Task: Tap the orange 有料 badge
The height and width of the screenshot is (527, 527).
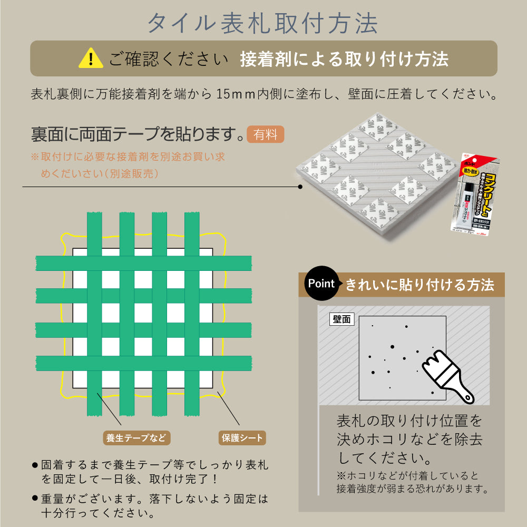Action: point(265,134)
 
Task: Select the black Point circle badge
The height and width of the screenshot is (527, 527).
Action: point(321,284)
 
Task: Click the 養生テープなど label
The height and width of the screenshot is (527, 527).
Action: point(136,437)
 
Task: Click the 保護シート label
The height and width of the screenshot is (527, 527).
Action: point(241,437)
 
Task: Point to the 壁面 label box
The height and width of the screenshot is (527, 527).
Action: point(343,319)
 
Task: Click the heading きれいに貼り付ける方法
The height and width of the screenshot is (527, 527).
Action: point(419,285)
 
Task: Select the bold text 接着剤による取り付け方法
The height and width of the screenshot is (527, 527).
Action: point(344,58)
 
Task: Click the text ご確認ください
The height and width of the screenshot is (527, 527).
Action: point(169,58)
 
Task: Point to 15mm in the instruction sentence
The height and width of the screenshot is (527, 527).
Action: point(236,94)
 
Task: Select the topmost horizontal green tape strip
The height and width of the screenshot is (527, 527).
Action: point(143,263)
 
